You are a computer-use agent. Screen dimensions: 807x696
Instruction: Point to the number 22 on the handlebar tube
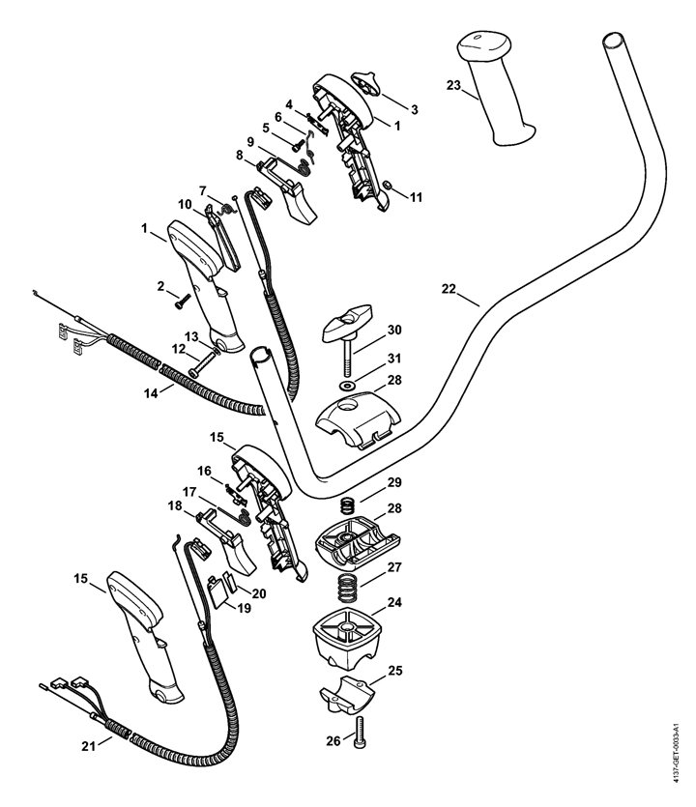pos(446,289)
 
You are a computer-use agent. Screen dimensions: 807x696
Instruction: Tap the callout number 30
pos(393,330)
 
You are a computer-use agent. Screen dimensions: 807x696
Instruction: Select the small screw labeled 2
pos(180,301)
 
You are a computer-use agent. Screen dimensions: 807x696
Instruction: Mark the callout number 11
pos(417,197)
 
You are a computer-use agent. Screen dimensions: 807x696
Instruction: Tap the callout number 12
pos(179,349)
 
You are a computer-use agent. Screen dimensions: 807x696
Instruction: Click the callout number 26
pos(333,742)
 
